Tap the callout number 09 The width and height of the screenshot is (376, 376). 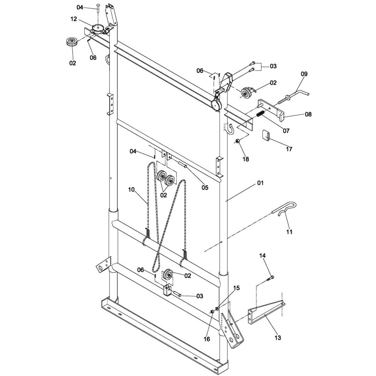(303, 74)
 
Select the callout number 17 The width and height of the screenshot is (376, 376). (288, 149)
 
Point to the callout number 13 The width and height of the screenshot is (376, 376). (277, 338)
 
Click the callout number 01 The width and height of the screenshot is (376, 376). (260, 183)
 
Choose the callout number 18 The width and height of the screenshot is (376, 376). (246, 159)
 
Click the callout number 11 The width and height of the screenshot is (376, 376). (289, 232)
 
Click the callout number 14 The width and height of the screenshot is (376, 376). (262, 256)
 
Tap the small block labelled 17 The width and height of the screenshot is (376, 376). (266, 135)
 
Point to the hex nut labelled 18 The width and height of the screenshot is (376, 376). (238, 141)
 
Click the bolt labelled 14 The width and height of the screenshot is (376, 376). (270, 279)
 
